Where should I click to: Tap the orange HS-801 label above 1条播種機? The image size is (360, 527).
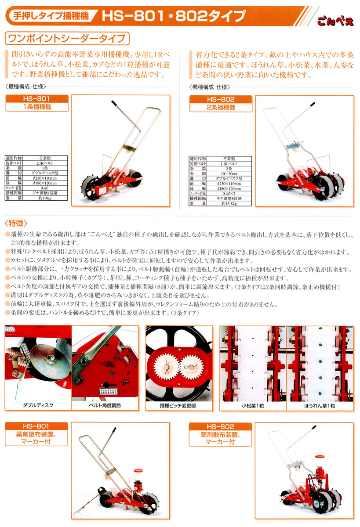tap(37, 99)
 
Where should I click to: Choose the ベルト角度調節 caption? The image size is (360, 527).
tap(105, 405)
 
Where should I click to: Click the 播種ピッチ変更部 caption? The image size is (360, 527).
tap(178, 405)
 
